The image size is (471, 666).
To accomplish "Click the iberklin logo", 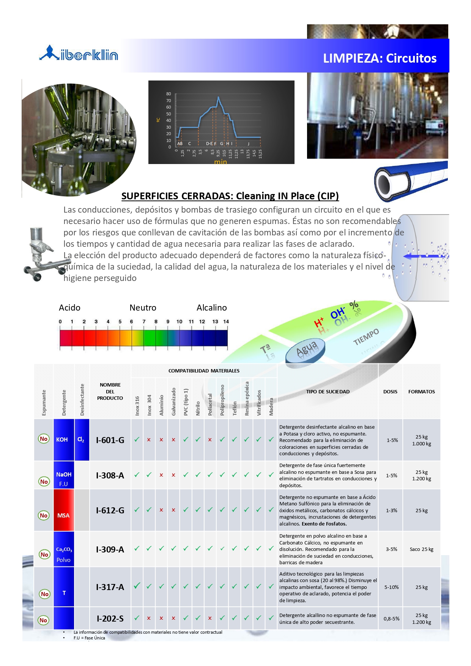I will click(x=79, y=54).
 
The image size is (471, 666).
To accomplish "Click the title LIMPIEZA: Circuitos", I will click(x=380, y=58).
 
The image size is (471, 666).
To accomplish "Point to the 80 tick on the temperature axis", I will click(x=169, y=94).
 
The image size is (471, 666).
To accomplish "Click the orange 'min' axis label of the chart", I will click(x=220, y=162).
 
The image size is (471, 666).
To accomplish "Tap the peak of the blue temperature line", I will click(x=218, y=97).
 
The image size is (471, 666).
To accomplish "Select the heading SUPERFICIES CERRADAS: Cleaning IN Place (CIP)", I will click(x=230, y=196).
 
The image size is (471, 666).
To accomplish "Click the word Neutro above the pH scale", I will click(x=143, y=308).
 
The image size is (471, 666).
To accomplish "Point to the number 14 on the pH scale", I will click(x=226, y=322).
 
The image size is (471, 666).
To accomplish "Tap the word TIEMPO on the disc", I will click(x=366, y=336).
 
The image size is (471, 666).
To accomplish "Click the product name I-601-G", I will click(x=110, y=440).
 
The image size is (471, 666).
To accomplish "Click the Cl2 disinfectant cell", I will click(x=81, y=440).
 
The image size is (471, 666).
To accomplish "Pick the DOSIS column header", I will click(x=390, y=391).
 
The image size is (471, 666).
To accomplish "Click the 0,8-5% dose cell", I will click(x=391, y=619).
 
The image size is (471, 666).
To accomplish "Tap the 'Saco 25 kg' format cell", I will click(x=421, y=549).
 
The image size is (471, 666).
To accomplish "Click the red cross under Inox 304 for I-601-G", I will click(x=149, y=440).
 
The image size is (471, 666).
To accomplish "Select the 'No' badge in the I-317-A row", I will click(x=45, y=594).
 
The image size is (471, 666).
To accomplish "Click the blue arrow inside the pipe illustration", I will click(x=423, y=256).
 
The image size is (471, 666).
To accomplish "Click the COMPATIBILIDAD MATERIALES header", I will click(x=204, y=371).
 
